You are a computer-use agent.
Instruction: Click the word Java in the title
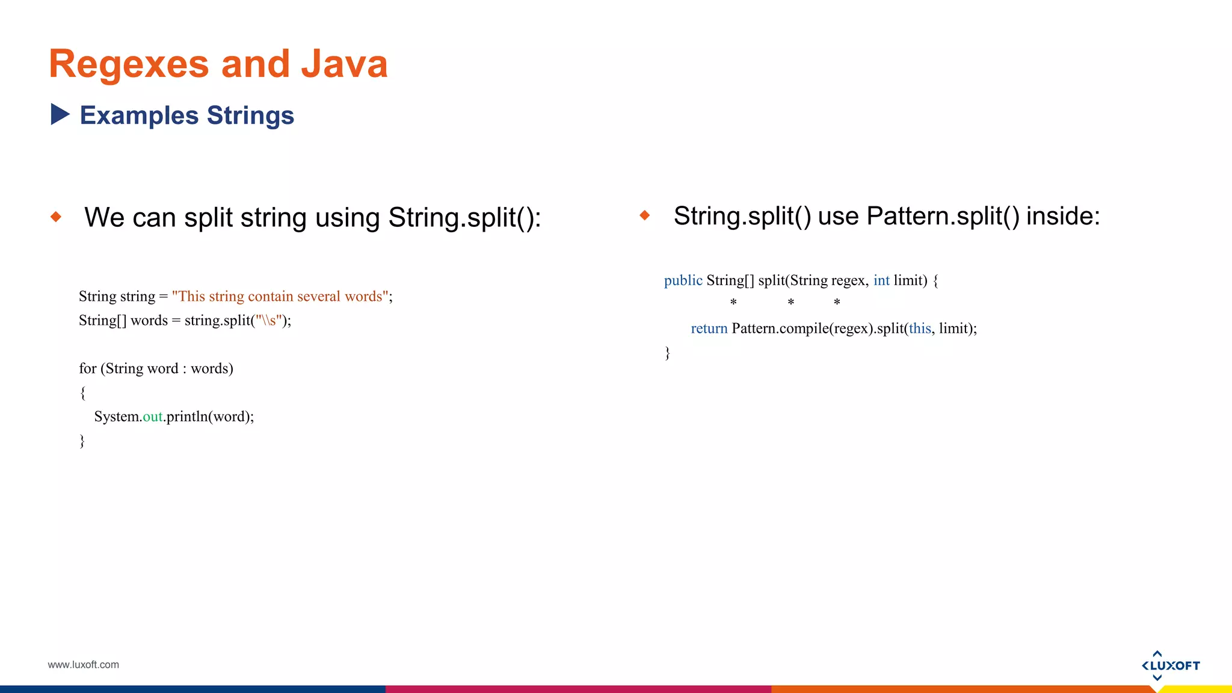click(x=344, y=64)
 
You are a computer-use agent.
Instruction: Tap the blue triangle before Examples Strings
click(x=60, y=114)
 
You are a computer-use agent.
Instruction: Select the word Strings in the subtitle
click(x=250, y=115)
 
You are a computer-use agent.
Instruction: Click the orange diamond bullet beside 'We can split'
click(x=56, y=217)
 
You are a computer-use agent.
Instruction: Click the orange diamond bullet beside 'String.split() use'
click(x=645, y=215)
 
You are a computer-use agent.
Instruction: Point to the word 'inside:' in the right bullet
click(x=1063, y=217)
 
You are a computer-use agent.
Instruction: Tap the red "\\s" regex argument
click(x=269, y=321)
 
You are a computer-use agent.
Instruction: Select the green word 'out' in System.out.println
click(x=153, y=417)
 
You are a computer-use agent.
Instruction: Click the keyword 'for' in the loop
click(x=87, y=369)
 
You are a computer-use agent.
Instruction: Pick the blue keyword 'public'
click(x=683, y=281)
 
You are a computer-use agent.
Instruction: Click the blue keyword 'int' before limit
click(x=881, y=281)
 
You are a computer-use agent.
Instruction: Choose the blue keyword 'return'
click(x=709, y=329)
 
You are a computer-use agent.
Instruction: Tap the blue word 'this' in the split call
click(x=920, y=329)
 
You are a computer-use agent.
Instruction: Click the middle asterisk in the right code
click(x=791, y=303)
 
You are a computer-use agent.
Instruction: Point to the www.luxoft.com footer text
click(x=84, y=665)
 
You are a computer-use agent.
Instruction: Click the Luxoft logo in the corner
click(x=1170, y=665)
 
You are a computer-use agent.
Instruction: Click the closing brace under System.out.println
click(x=82, y=441)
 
